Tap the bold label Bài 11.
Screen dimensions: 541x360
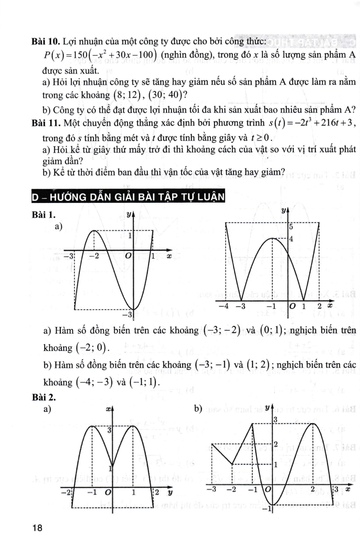pyautogui.click(x=46, y=123)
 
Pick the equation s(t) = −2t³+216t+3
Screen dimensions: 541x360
pyautogui.click(x=311, y=123)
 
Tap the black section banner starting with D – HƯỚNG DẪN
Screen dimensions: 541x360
pyautogui.click(x=128, y=197)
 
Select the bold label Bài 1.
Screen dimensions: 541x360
pyautogui.click(x=44, y=215)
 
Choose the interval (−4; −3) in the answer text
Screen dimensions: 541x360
pyautogui.click(x=94, y=382)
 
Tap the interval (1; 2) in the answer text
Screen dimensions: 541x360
pyautogui.click(x=258, y=365)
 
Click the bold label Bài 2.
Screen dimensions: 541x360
pyautogui.click(x=44, y=397)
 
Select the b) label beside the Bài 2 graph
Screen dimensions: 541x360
pyautogui.click(x=198, y=408)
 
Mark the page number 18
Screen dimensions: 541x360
pyautogui.click(x=37, y=528)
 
